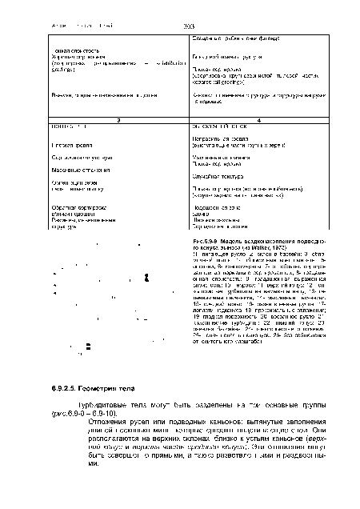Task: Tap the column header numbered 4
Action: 264,118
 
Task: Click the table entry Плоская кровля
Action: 65,143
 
